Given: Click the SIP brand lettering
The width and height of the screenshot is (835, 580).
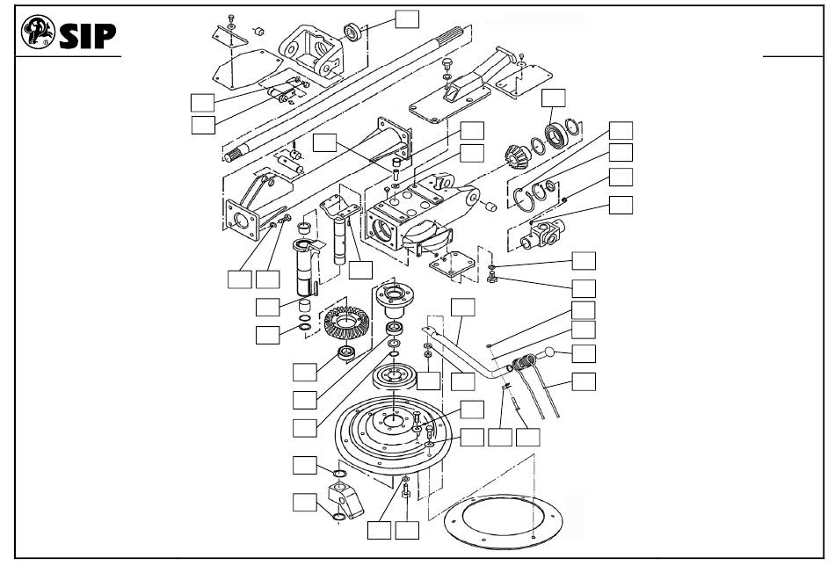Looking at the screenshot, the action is [87, 36].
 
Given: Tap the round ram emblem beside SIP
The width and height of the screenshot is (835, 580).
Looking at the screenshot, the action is [38, 32].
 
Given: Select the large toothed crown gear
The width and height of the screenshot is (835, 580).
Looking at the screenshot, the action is [346, 323].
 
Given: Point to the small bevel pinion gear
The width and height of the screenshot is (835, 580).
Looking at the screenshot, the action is [516, 158].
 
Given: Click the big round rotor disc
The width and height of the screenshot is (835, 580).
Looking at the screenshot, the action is [394, 436].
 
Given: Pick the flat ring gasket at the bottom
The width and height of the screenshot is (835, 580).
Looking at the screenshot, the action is [503, 521].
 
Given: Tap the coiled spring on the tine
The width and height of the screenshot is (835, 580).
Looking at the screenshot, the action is [524, 363].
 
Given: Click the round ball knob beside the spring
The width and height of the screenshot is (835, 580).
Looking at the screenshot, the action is [548, 352].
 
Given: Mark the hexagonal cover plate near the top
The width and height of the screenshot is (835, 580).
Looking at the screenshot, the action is [248, 69].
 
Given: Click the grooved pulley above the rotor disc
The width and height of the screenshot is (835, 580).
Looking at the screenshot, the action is [394, 376].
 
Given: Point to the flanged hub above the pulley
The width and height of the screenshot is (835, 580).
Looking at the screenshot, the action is [394, 297].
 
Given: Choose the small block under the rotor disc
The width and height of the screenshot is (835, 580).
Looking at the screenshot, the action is [345, 499].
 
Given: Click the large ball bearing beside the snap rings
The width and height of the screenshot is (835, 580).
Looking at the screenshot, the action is [556, 135].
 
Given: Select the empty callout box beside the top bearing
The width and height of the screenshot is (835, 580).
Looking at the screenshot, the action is [407, 18].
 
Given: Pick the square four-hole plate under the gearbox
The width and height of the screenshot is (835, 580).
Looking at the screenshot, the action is [452, 265].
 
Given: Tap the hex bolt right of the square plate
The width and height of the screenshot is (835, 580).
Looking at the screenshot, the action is [492, 277].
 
